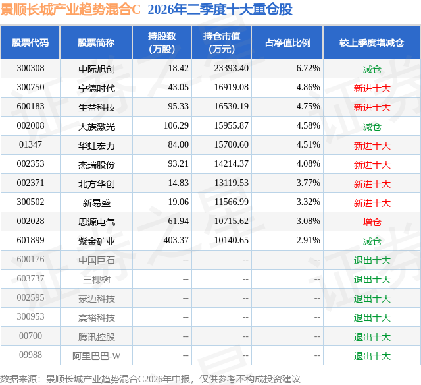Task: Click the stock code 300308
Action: tap(30, 69)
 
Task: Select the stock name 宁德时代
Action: tap(97, 88)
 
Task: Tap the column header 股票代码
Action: tap(30, 42)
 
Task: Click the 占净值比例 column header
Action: tap(287, 42)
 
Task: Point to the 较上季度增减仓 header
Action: tap(372, 42)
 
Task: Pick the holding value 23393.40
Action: tap(231, 69)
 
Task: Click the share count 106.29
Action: tap(176, 126)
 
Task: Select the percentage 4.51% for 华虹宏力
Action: tap(308, 145)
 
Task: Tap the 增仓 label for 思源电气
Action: tap(372, 222)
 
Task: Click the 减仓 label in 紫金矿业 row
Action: tap(372, 241)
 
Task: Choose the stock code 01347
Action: tap(30, 145)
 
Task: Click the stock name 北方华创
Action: tap(97, 184)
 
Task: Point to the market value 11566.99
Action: tap(231, 202)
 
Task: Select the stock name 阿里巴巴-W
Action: tap(97, 356)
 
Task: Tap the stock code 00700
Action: tap(30, 336)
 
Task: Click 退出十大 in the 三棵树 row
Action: tap(372, 280)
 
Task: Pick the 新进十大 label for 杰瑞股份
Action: tap(372, 165)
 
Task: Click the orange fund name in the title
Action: tap(70, 10)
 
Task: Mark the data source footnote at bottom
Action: tap(150, 379)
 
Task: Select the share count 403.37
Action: tap(176, 240)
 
